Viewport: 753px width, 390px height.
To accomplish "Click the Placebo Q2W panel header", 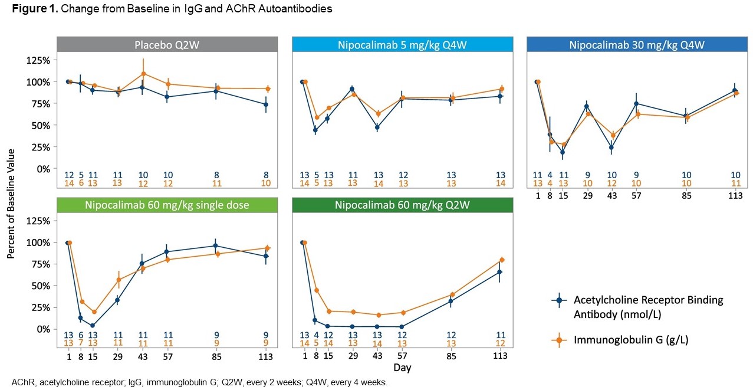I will (x=167, y=45).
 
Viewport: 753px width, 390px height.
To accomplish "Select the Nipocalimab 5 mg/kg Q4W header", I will (x=403, y=45).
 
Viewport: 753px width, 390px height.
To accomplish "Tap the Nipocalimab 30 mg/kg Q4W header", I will (x=637, y=45).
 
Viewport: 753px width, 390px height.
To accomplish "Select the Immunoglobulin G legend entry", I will (x=631, y=339).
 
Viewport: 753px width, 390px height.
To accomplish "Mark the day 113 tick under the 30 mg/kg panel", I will (x=735, y=195).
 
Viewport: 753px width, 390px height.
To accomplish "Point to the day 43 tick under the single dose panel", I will (x=143, y=356).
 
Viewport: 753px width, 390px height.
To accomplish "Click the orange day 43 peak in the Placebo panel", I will (x=143, y=74).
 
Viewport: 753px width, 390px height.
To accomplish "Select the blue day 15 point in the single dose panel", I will (x=93, y=325).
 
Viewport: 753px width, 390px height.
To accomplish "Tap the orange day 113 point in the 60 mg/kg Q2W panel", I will (x=501, y=260).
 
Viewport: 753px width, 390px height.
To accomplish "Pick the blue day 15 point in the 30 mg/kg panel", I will (x=563, y=152).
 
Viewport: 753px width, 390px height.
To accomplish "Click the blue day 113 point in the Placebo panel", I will (x=266, y=104).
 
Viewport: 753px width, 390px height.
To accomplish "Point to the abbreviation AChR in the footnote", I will (x=21, y=382).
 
